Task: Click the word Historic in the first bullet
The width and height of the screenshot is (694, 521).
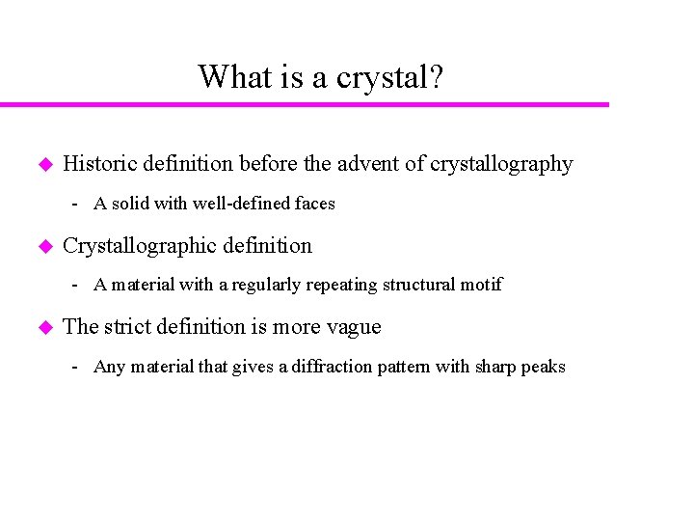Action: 99,164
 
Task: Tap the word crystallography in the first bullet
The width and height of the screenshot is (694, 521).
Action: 501,164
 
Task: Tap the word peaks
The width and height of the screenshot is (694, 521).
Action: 544,367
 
